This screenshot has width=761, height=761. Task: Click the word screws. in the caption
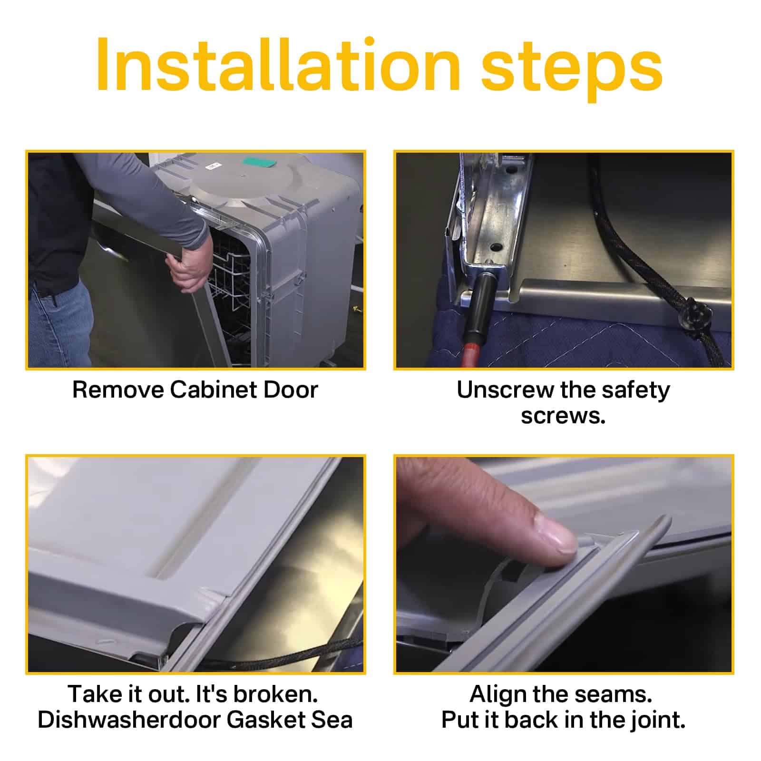563,416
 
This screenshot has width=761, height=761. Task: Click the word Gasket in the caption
265,720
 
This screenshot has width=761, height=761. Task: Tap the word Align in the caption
498,695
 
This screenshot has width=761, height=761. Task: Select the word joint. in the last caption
658,720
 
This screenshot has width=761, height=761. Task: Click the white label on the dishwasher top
213,166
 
